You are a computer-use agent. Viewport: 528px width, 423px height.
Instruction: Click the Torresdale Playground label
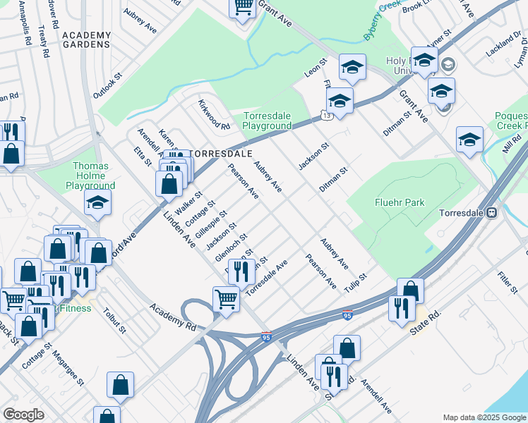coord(268,121)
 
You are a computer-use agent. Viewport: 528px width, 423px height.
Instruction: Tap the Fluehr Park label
coord(400,202)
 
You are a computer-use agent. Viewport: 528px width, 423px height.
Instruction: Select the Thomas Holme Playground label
coord(90,176)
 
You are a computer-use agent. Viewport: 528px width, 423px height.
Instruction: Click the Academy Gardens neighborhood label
coord(87,40)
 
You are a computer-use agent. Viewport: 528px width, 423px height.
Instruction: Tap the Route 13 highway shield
coord(325,115)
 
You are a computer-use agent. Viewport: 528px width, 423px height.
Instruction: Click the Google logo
coord(23,415)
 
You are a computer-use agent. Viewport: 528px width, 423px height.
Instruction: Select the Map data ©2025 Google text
coord(484,417)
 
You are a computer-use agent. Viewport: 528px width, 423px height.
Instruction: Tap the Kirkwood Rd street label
coord(213,116)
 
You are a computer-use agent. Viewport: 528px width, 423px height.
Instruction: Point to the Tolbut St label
coord(114,320)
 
